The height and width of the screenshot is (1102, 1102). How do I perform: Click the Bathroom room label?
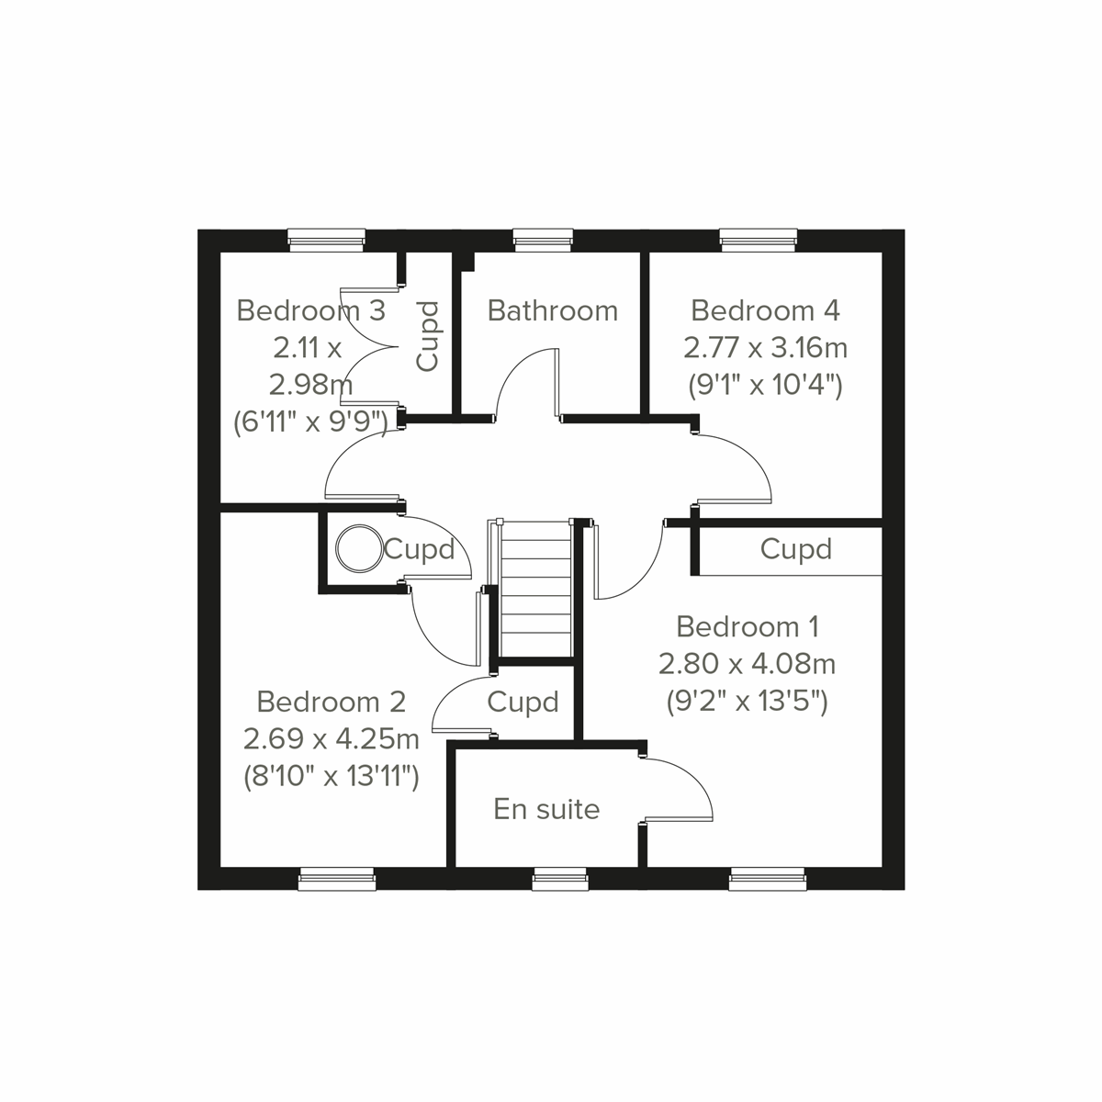tap(553, 310)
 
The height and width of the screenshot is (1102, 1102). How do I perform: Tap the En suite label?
tap(546, 809)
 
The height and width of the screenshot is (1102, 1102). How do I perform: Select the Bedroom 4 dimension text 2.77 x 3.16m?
tap(765, 348)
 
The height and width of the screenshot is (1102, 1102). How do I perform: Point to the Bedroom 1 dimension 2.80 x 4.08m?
tap(747, 663)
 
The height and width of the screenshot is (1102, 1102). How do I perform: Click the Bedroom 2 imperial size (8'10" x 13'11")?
tap(331, 777)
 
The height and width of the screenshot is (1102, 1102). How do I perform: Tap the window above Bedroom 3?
tap(327, 241)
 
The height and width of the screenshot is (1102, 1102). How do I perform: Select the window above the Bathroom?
tap(544, 241)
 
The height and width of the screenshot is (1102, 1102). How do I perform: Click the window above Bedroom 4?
tap(758, 241)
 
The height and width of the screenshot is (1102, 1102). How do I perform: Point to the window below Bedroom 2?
tap(337, 880)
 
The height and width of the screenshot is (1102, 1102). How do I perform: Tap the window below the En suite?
tap(560, 880)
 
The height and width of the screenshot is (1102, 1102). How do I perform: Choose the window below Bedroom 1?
tap(768, 880)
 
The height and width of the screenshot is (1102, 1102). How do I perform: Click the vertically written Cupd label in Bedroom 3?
tap(428, 336)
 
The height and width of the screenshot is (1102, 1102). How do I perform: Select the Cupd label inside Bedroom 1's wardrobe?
tap(795, 549)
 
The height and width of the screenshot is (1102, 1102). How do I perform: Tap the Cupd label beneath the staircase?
tap(523, 703)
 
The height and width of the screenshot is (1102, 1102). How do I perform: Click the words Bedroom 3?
tap(310, 310)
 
